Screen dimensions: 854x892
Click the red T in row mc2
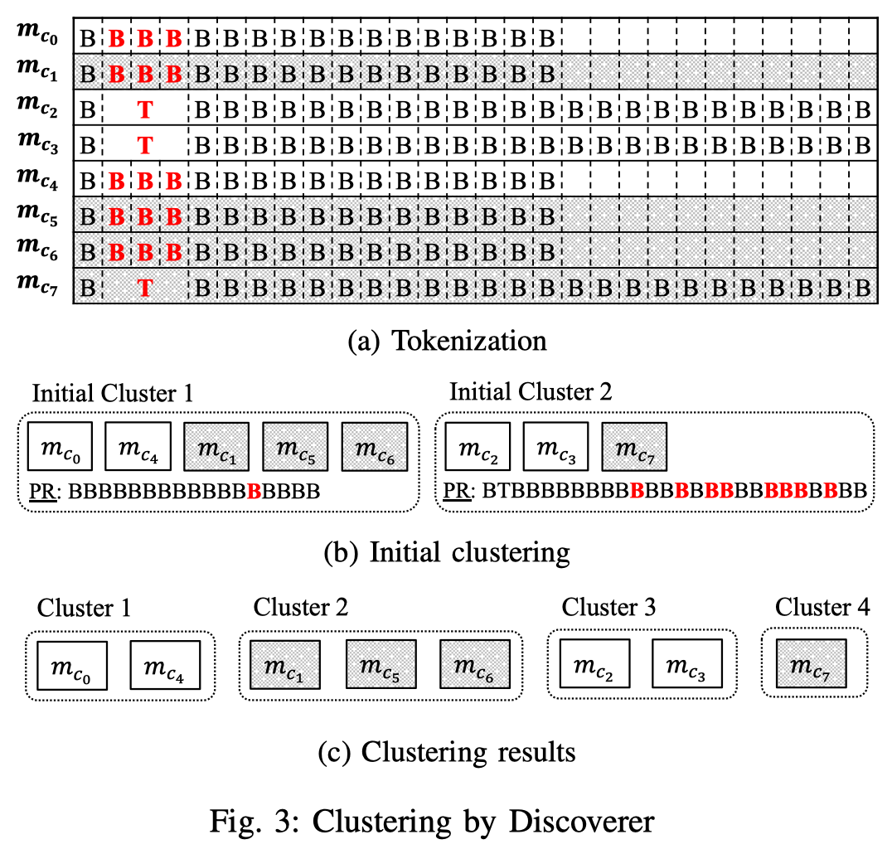pos(145,110)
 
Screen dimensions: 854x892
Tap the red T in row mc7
pos(145,288)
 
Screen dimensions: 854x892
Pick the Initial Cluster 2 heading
pos(531,392)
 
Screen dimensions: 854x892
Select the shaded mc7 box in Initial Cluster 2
pos(634,448)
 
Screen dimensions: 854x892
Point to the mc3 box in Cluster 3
pos(685,664)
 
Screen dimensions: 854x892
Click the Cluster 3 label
pos(609,607)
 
